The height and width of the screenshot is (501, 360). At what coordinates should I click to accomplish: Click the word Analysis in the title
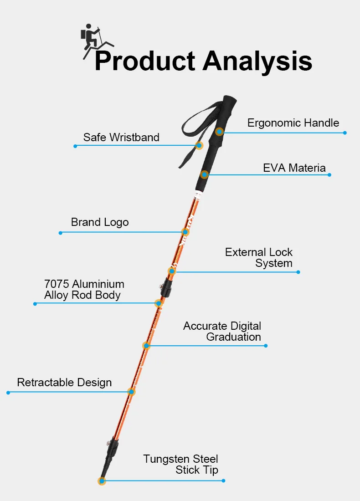pos(257,61)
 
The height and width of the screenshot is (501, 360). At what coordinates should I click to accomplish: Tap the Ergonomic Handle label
pos(293,123)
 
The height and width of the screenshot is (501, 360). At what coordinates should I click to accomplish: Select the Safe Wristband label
pos(121,137)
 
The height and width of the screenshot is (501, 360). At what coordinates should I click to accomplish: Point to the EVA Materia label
pos(294,168)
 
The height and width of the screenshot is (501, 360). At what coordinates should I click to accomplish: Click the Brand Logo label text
pos(100,222)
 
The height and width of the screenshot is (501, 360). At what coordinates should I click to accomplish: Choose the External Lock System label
pos(259,257)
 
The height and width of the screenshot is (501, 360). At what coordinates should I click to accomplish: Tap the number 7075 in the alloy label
pos(57,284)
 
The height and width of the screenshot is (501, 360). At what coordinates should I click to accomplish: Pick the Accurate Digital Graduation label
pos(222,332)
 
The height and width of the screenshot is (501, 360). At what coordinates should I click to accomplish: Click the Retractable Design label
pos(64,382)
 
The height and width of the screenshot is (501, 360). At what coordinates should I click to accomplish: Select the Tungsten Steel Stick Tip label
pos(181,464)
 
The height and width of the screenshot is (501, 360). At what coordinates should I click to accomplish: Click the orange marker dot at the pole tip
pos(102,481)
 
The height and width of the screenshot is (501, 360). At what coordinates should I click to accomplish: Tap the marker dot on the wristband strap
pos(199,146)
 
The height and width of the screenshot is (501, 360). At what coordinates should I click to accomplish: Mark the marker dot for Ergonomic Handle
pos(219,132)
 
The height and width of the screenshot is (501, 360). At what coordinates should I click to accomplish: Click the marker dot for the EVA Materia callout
pos(205,174)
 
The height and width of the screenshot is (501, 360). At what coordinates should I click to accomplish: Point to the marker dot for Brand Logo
pos(185,232)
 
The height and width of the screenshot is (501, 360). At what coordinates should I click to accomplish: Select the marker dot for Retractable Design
pos(131,392)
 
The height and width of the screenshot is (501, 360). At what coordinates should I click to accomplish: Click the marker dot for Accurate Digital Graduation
pos(146,346)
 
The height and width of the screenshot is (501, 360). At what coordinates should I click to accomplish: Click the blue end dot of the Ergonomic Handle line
pos(345,133)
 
